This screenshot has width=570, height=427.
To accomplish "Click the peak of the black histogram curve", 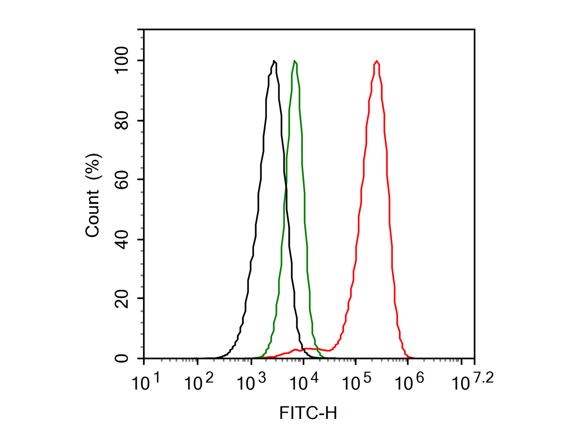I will tap(275, 61).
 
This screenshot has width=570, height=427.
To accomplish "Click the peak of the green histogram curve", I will tap(295, 61).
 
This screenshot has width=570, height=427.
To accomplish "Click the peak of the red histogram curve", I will tap(377, 61).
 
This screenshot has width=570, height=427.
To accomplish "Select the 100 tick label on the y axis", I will tap(122, 61).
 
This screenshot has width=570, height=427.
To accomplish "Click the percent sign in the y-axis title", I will tap(94, 163).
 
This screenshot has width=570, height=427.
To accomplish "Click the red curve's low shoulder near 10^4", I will tap(304, 350).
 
